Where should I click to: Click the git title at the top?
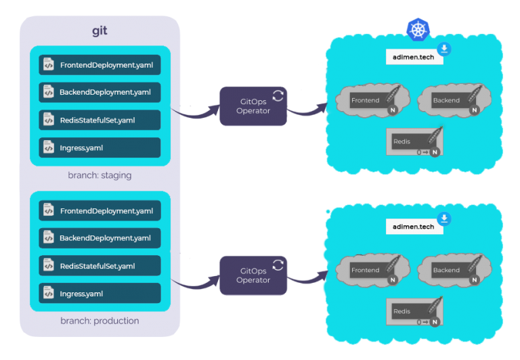[100, 31]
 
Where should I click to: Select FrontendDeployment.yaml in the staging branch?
[100, 65]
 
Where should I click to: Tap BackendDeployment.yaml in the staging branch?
[100, 92]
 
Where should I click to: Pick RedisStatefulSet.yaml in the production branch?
[100, 266]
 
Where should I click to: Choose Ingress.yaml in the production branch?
[100, 294]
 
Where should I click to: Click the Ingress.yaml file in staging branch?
[100, 148]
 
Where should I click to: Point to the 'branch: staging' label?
[100, 175]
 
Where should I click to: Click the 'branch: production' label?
[100, 321]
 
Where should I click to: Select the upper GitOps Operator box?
[253, 106]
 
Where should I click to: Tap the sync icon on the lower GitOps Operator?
[278, 265]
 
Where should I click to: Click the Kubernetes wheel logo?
[418, 30]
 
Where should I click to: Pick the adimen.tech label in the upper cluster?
[414, 57]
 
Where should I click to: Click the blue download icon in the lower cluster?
[444, 219]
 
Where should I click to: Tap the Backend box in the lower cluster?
[454, 270]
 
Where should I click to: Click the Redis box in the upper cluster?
[414, 141]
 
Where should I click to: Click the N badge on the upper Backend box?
[474, 110]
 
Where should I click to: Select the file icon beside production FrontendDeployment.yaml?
[49, 210]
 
